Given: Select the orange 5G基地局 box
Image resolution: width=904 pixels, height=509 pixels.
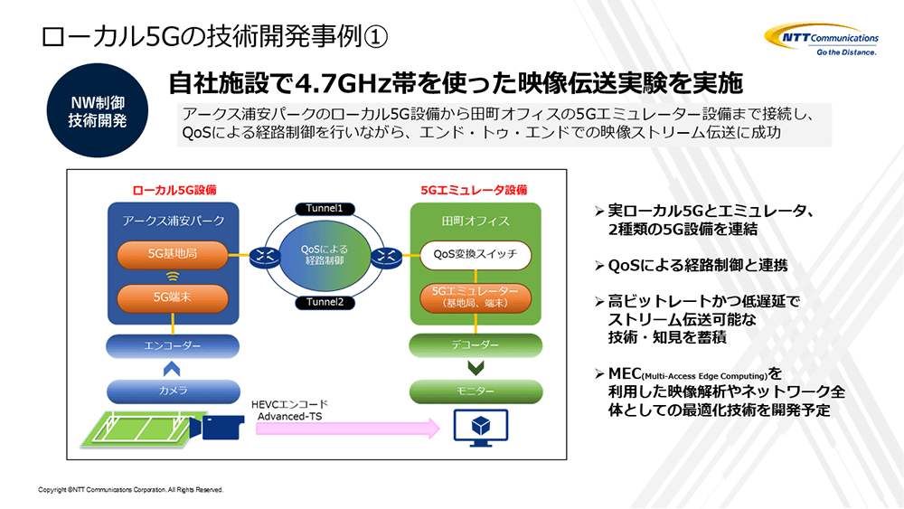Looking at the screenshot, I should coord(173,255).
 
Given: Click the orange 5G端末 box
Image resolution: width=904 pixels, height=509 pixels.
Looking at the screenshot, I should coord(173,296).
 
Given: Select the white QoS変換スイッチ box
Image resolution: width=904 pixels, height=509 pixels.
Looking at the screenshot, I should coord(476,255).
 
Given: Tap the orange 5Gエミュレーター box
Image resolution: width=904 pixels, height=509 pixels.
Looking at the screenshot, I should coord(476,297).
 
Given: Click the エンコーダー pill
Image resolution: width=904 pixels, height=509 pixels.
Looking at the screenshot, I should coord(173,345).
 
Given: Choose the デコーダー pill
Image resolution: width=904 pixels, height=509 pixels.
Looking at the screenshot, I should coord(476,345).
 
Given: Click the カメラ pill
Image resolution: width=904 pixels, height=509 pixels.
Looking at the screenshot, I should coord(173,391).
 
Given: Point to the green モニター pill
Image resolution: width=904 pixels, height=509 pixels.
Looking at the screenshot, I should coord(476,391).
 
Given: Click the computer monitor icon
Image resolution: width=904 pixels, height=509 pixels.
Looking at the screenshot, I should coord(476,429).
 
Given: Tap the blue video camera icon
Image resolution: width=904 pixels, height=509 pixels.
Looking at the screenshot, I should coord(221,428).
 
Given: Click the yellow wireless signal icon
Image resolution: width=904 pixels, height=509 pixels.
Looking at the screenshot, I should coord(173,276).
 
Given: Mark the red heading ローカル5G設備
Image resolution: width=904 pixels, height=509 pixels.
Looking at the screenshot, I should coord(174,190).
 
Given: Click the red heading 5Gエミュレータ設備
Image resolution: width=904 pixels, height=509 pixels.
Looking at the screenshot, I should coord(474,190).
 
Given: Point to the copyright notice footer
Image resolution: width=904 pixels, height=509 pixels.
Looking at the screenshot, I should coord(130,490).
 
